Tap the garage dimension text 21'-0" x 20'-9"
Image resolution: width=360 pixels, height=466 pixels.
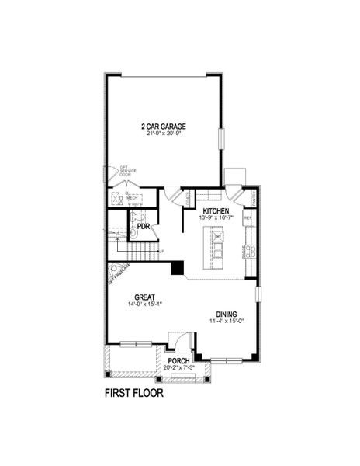(164, 133)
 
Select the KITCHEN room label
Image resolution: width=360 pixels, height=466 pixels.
(216, 210)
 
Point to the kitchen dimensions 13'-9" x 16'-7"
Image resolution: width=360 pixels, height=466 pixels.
(216, 217)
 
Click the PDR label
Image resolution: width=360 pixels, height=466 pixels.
(143, 227)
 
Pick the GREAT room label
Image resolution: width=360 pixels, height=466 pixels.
(144, 297)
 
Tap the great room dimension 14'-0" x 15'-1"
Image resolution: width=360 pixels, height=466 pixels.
(144, 304)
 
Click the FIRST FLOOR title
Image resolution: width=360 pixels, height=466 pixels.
(133, 393)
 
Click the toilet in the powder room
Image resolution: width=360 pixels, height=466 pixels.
(136, 217)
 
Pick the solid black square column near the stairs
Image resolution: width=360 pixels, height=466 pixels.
(177, 268)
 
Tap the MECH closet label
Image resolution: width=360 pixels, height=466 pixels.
(133, 198)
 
